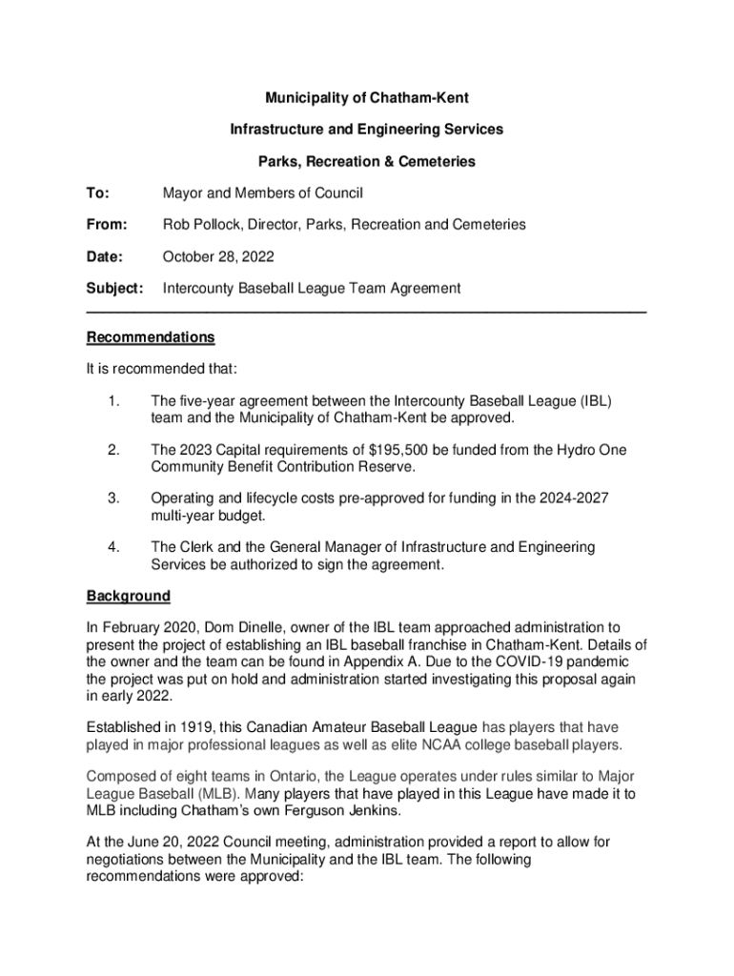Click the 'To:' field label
point(97,193)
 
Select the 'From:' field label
point(107,225)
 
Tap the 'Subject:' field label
point(114,288)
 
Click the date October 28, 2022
point(218,256)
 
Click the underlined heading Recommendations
point(150,337)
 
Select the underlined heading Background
point(128,597)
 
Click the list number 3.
point(113,498)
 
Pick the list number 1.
point(113,401)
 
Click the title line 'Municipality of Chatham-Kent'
point(366,98)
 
